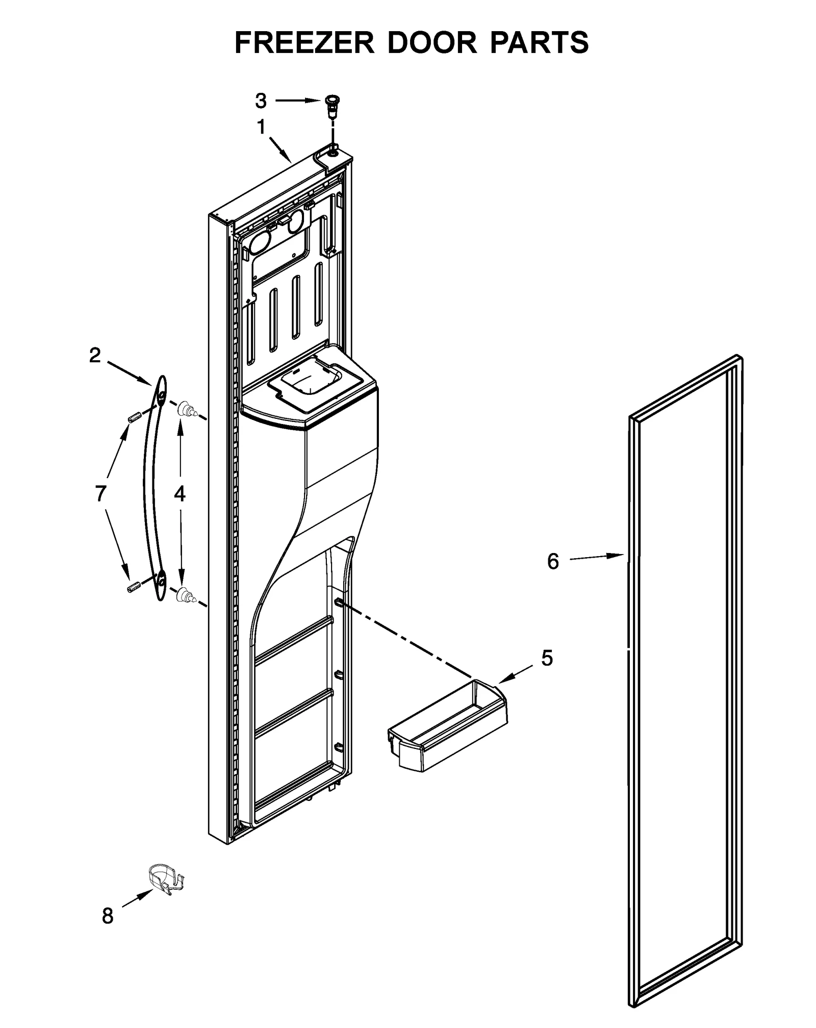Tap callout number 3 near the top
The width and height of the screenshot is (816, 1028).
point(261,101)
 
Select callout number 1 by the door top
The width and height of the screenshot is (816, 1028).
point(261,127)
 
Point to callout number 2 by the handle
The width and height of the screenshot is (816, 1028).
point(95,356)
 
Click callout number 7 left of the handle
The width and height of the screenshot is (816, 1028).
point(100,493)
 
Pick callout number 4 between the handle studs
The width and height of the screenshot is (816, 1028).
point(180,493)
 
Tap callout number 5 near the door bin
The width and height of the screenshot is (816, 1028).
point(547,658)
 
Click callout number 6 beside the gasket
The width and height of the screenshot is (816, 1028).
point(553,561)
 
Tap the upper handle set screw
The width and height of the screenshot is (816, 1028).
point(133,418)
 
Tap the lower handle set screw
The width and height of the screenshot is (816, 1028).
point(133,587)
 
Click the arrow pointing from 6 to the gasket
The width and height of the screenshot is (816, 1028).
point(597,557)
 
